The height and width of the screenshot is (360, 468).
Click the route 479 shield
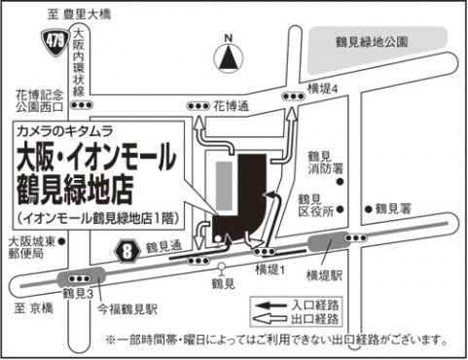pyautogui.click(x=55, y=43)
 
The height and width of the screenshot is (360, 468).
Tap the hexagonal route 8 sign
pyautogui.click(x=127, y=251)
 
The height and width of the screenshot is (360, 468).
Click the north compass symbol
pyautogui.click(x=229, y=57)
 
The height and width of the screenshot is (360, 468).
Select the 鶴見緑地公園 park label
pyautogui.click(x=372, y=42)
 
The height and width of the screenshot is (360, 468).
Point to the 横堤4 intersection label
pyautogui.click(x=323, y=89)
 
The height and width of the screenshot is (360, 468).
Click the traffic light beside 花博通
pyautogui.click(x=198, y=106)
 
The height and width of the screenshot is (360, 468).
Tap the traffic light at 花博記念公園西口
pyautogui.click(x=82, y=105)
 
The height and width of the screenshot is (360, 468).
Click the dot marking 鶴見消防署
pyautogui.click(x=340, y=182)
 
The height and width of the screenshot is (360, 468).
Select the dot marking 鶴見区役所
pyautogui.click(x=340, y=209)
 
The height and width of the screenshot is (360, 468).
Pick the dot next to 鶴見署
pyautogui.click(x=368, y=209)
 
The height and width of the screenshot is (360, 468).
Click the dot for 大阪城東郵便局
pyautogui.click(x=62, y=241)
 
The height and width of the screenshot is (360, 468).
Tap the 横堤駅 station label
pyautogui.click(x=324, y=276)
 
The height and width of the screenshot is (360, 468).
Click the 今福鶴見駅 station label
pyautogui.click(x=127, y=309)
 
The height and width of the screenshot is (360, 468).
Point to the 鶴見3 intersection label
pyautogui.click(x=78, y=294)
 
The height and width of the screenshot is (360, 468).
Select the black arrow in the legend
pyautogui.click(x=271, y=306)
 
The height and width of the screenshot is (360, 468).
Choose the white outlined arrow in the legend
pyautogui.click(x=270, y=319)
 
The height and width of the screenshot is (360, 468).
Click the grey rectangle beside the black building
pyautogui.click(x=225, y=186)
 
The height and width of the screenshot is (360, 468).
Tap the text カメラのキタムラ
pyautogui.click(x=65, y=131)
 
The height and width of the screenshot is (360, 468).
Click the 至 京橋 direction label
pyautogui.click(x=33, y=308)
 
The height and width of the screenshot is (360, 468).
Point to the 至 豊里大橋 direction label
pyautogui.click(x=79, y=15)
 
